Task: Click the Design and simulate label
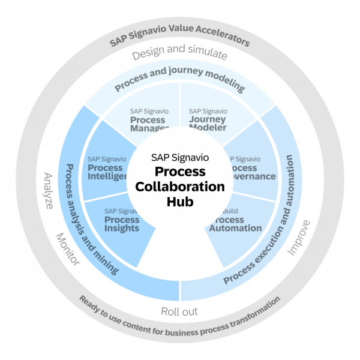tap(179, 55)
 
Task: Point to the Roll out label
tap(179, 311)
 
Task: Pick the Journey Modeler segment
tap(208, 119)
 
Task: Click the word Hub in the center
tap(180, 202)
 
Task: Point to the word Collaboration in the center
tap(180, 187)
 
